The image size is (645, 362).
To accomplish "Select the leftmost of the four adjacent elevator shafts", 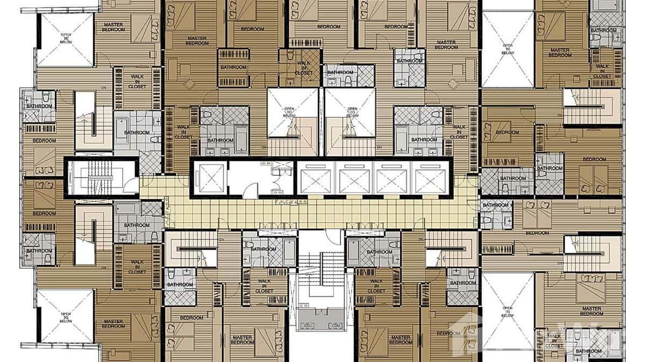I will [315, 178].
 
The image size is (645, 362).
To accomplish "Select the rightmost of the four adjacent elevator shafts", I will [430, 178].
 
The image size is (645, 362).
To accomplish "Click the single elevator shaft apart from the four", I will [210, 177].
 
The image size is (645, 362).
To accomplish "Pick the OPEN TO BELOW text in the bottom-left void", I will [65, 317].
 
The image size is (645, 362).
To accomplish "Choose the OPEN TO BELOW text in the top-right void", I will [508, 49].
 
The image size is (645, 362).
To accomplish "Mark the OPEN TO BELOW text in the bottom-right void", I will [508, 312].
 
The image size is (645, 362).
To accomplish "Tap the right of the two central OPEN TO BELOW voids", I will [352, 111].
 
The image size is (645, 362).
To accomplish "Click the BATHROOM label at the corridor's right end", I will [496, 205].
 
